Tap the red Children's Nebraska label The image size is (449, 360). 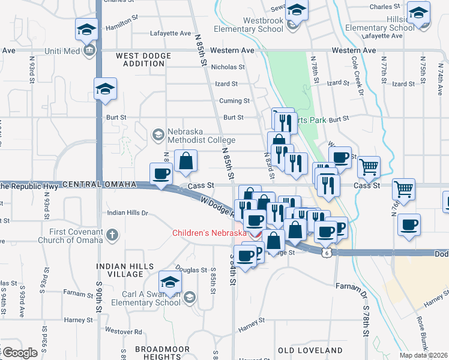(209, 233)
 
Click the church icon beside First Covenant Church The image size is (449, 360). (112, 235)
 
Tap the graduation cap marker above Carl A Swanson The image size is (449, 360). (170, 281)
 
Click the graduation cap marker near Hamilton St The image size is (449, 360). (86, 29)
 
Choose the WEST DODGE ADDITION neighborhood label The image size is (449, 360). (143, 60)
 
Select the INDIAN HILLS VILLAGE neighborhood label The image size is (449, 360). (121, 269)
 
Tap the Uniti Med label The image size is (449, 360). (63, 51)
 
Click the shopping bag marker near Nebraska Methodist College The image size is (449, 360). (186, 160)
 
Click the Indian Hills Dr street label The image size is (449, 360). (127, 213)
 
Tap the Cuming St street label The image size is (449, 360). (234, 101)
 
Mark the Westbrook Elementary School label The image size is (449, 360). (263, 25)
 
